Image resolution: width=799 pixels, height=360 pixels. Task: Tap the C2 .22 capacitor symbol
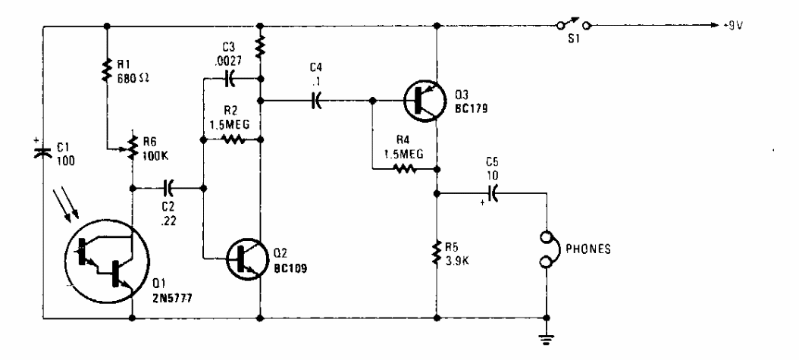(169, 185)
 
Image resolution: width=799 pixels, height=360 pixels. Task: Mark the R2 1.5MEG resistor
(231, 139)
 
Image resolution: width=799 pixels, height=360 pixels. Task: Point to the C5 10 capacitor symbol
(492, 193)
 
